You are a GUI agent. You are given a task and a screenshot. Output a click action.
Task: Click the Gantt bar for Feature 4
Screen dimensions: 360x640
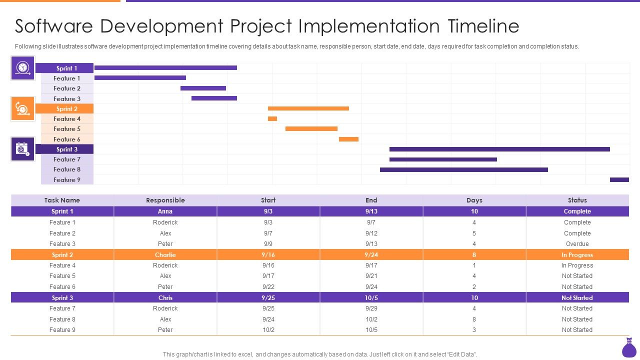(x=272, y=118)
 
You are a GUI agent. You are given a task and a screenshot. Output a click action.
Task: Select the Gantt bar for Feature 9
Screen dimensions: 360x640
(x=619, y=179)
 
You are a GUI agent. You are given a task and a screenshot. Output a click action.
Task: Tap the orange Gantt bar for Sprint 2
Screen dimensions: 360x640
(x=308, y=108)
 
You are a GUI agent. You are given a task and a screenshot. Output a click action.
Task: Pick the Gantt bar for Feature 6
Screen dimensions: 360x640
(x=348, y=139)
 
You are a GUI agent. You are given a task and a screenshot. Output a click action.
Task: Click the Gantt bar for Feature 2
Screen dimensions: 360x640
(x=203, y=88)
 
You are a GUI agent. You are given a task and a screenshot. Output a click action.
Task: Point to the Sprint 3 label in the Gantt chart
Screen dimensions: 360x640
(x=67, y=149)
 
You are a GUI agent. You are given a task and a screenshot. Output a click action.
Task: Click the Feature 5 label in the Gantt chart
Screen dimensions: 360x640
(x=67, y=129)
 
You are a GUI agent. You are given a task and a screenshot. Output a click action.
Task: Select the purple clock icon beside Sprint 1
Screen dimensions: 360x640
(x=23, y=68)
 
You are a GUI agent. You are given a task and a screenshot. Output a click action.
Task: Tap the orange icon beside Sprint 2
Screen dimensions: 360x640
(x=23, y=108)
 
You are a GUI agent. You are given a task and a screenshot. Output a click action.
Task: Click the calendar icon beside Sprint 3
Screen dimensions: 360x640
(x=23, y=149)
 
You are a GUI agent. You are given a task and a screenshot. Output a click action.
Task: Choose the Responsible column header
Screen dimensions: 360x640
(x=165, y=200)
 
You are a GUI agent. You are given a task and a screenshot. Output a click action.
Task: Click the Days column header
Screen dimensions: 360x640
(x=474, y=200)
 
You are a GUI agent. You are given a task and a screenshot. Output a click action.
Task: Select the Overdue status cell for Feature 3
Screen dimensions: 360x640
(x=577, y=244)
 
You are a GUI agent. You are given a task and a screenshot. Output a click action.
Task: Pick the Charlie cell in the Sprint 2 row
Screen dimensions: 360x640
(x=165, y=255)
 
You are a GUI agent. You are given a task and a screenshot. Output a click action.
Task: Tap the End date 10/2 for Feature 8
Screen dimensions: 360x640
(x=371, y=319)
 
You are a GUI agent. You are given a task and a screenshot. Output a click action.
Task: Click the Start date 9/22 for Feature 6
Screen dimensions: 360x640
(x=268, y=287)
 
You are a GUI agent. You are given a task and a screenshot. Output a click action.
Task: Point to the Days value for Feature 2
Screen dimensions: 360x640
(x=474, y=233)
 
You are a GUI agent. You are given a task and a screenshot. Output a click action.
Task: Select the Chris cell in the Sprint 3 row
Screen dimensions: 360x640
(x=165, y=298)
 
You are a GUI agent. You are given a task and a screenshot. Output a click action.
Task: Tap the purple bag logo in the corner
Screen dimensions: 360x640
(x=628, y=348)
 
